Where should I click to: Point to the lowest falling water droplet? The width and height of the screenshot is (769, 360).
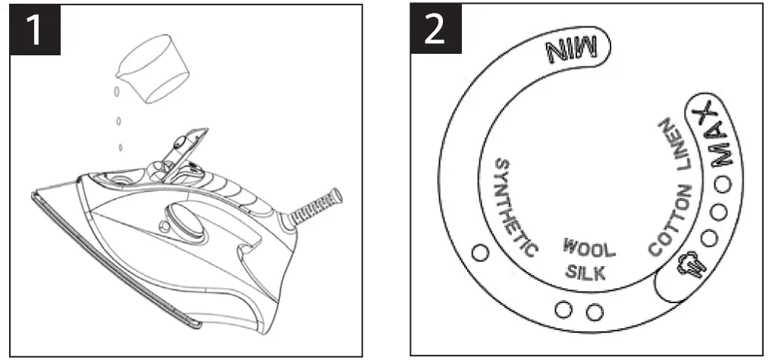(x=121, y=147)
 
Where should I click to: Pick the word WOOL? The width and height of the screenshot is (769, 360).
(x=589, y=248)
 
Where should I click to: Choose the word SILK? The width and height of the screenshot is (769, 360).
(x=585, y=274)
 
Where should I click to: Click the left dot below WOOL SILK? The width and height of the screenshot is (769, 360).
(x=563, y=309)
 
